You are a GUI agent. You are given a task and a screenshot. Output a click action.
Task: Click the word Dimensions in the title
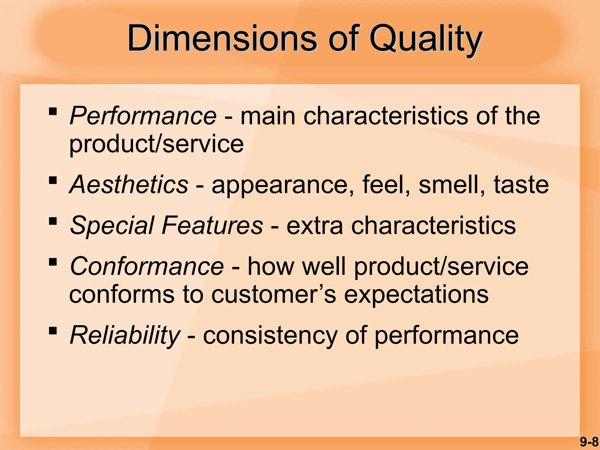point(222,39)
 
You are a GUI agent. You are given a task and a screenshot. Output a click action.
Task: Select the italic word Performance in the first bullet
point(143,116)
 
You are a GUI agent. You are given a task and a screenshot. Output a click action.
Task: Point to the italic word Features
point(212,225)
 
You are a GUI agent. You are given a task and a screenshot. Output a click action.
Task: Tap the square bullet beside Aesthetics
point(53,180)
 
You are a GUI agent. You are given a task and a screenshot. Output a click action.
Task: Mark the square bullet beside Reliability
point(53,331)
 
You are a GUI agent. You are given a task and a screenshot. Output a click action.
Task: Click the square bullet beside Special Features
point(53,221)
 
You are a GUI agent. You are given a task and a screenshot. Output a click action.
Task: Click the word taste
point(521,185)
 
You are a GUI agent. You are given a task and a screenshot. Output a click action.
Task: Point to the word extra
point(314,225)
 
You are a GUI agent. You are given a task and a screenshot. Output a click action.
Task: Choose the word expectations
point(416,294)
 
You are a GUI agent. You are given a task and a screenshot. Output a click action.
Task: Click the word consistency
point(270,336)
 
